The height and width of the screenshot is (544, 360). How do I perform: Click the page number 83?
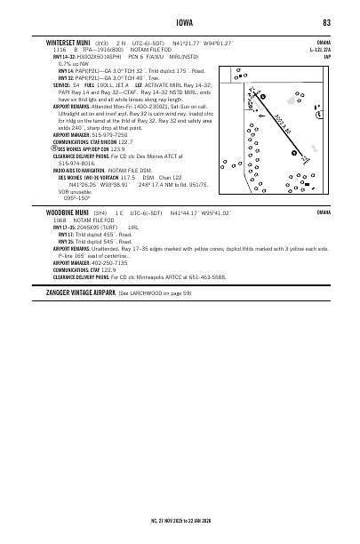pyautogui.click(x=327, y=22)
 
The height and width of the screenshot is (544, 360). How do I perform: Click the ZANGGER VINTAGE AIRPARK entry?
pyautogui.click(x=86, y=292)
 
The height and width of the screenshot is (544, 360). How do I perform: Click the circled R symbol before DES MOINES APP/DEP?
pyautogui.click(x=50, y=148)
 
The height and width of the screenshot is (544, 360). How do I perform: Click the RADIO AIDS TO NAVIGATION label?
pyautogui.click(x=83, y=169)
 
